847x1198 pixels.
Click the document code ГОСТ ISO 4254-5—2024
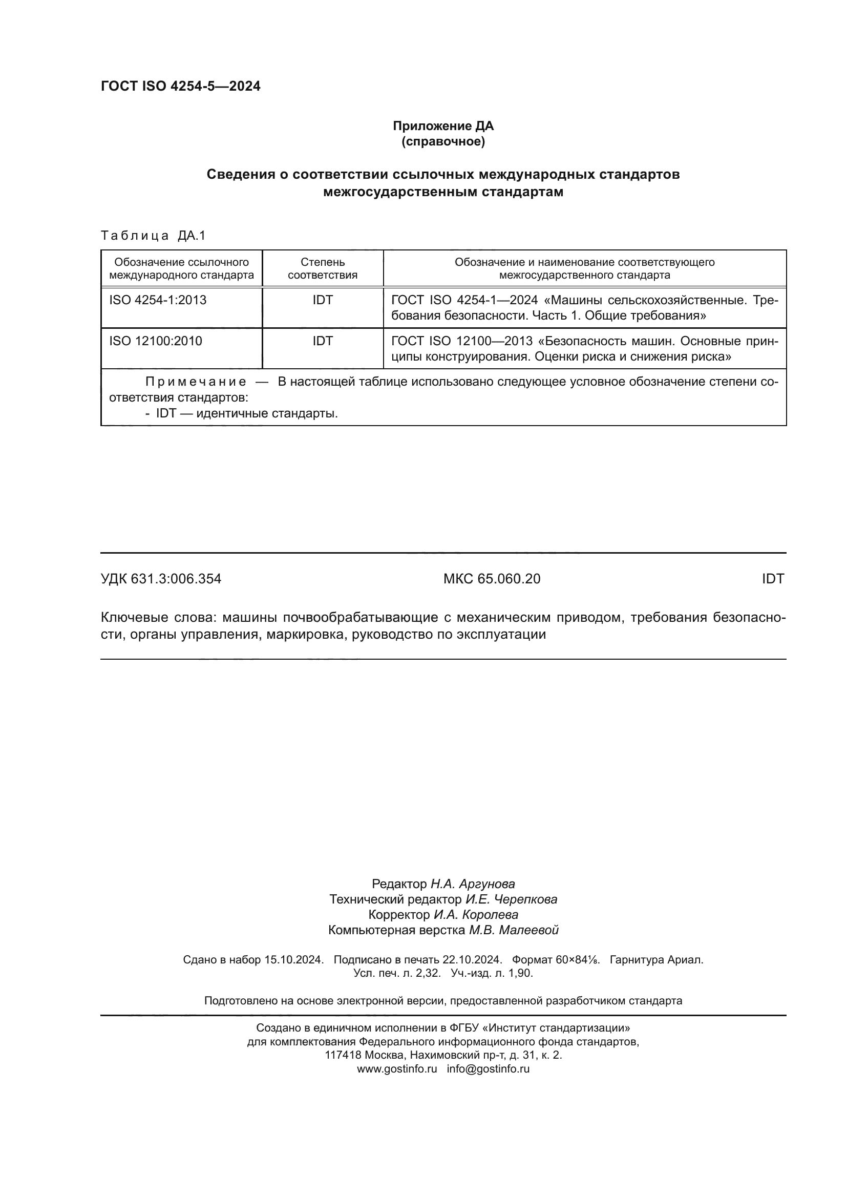click(x=180, y=86)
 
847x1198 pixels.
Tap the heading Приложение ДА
click(x=443, y=126)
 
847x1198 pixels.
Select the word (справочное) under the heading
click(x=443, y=141)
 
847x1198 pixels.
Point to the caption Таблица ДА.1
click(x=153, y=236)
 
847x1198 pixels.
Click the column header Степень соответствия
click(x=322, y=268)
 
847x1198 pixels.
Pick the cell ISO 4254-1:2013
click(x=158, y=300)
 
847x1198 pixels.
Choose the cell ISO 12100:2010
click(x=156, y=341)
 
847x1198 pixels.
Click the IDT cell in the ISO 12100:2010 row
click(x=322, y=341)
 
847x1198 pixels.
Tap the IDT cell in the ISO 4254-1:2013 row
click(x=322, y=300)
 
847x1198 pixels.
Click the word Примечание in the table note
click(x=196, y=382)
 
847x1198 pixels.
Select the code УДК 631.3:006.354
click(x=161, y=579)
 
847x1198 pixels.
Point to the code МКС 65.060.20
click(x=492, y=579)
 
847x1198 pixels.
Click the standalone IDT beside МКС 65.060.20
click(x=772, y=579)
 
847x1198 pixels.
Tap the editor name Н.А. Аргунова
click(x=473, y=884)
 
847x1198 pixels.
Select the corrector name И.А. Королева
click(x=476, y=915)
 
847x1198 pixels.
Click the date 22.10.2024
click(x=472, y=959)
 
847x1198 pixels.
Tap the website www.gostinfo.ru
click(x=397, y=1068)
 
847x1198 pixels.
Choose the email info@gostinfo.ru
click(x=488, y=1068)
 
